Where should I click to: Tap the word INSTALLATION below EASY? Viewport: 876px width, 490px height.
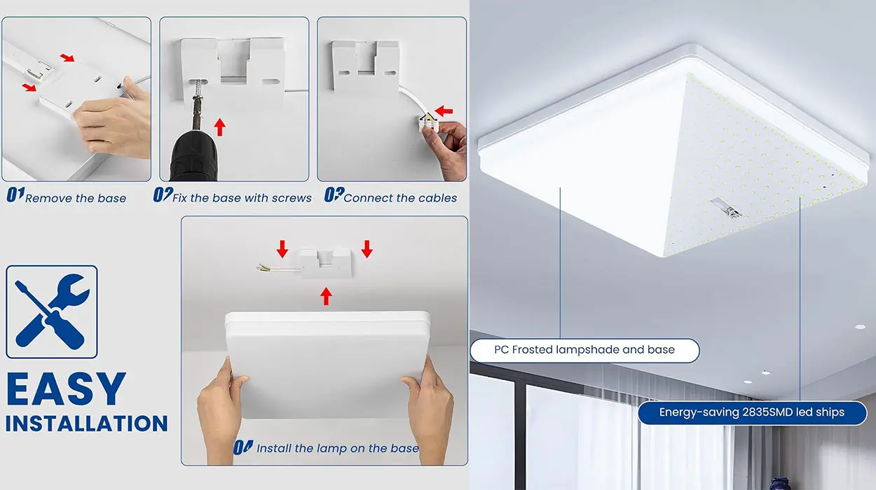pyautogui.click(x=87, y=423)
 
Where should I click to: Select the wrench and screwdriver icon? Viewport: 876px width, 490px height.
pyautogui.click(x=52, y=311)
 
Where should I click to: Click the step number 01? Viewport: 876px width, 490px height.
pyautogui.click(x=15, y=195)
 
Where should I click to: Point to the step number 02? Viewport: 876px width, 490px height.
pyautogui.click(x=163, y=195)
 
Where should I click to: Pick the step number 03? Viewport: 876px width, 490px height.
pyautogui.click(x=334, y=195)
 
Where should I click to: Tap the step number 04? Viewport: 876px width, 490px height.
pyautogui.click(x=243, y=447)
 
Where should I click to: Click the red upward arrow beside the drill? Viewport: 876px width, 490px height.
pyautogui.click(x=220, y=127)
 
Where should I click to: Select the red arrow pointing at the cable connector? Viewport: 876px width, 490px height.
pyautogui.click(x=444, y=111)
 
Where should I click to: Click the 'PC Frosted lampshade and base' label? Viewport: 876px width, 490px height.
pyautogui.click(x=584, y=350)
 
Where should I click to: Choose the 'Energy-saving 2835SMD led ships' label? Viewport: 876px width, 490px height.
pyautogui.click(x=752, y=412)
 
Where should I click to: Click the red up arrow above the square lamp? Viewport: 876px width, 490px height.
pyautogui.click(x=326, y=296)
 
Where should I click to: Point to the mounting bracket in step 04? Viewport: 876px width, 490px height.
pyautogui.click(x=325, y=262)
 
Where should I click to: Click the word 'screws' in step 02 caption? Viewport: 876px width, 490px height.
pyautogui.click(x=292, y=198)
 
